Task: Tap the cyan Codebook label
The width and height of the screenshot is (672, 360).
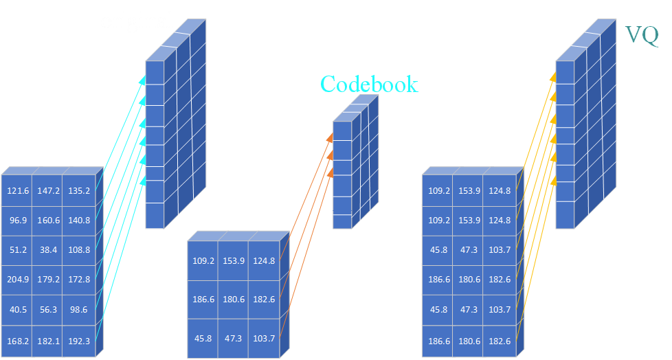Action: [369, 85]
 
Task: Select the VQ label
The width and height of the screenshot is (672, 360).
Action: [642, 35]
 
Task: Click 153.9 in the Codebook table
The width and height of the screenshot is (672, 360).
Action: [234, 261]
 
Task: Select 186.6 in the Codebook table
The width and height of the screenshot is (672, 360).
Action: [203, 300]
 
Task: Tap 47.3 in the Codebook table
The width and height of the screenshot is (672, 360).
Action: [234, 339]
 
